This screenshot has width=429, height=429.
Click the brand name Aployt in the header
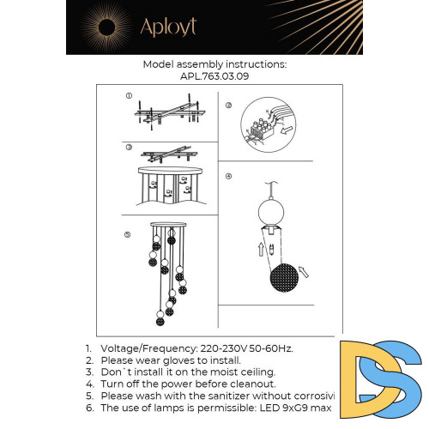tap(168, 27)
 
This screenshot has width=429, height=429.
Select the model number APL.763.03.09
tap(214, 75)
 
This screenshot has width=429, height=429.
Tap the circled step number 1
tap(129, 96)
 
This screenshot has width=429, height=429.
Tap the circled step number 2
tap(228, 106)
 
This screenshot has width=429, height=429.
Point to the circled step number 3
tap(129, 147)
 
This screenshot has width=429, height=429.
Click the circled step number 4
tap(228, 176)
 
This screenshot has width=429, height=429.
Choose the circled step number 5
tap(129, 233)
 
